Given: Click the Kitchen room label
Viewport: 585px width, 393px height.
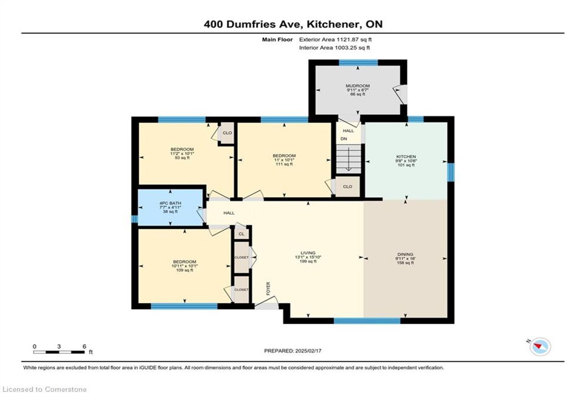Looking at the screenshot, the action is [406, 157].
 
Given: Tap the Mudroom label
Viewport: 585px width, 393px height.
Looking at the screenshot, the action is [357, 86].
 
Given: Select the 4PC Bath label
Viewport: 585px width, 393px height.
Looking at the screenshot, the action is [170, 203].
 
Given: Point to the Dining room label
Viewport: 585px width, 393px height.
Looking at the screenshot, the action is [405, 254].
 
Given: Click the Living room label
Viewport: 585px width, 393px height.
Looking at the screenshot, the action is [308, 253].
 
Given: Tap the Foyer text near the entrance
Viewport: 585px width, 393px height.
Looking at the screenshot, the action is [268, 289].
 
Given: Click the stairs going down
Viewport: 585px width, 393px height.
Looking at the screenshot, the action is [349, 159].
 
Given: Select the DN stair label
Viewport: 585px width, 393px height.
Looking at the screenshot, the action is [344, 139].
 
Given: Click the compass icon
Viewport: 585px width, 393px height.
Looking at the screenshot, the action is [540, 347].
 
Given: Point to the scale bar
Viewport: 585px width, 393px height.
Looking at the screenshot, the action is [59, 352].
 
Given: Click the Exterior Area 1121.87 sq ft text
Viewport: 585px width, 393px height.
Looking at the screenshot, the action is [335, 40].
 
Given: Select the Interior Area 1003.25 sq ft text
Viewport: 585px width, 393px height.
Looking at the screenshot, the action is [334, 47].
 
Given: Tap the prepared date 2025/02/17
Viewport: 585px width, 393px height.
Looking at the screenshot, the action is [293, 351].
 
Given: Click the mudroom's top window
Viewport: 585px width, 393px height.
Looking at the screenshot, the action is [358, 62].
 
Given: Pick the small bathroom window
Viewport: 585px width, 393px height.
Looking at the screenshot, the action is [134, 219].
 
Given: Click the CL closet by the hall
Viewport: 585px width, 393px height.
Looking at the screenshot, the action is [242, 234].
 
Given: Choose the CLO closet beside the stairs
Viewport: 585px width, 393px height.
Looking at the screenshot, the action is [348, 186].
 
